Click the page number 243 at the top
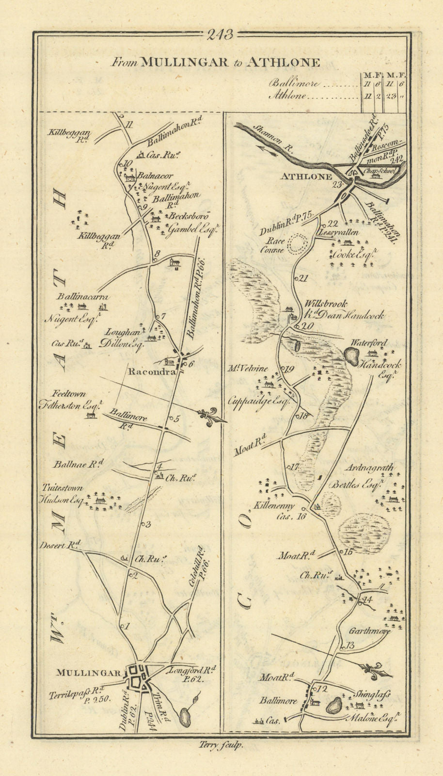220,35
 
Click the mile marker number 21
304,278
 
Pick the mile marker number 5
176,419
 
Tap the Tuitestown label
62,488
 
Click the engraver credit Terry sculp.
221,746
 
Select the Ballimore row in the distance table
294,83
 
